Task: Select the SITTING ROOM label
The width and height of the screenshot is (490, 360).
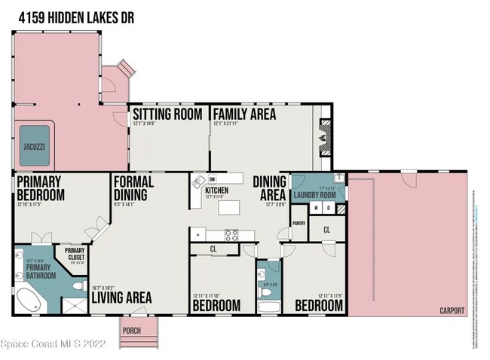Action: (167, 114)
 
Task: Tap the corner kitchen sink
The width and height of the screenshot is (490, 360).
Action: (198, 182)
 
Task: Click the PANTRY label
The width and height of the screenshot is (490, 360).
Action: (299, 223)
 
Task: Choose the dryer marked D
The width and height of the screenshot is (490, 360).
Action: (329, 208)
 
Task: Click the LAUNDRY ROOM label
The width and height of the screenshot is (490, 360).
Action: (318, 194)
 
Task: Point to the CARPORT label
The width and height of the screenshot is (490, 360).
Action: (452, 311)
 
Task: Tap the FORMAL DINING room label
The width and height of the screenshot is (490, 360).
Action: (133, 188)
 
